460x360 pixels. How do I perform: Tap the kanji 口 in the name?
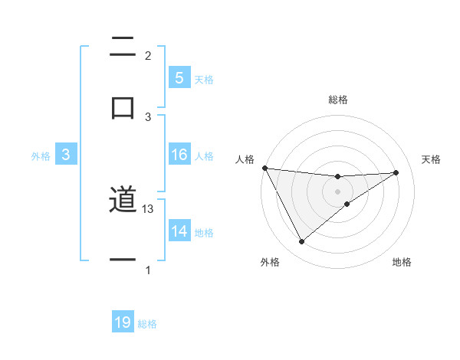pyautogui.click(x=123, y=106)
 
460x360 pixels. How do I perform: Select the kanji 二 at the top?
pyautogui.click(x=123, y=47)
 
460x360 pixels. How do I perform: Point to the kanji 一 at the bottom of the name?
pyautogui.click(x=123, y=260)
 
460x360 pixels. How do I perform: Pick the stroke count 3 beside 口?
pyautogui.click(x=148, y=117)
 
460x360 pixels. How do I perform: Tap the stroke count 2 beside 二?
pyautogui.click(x=148, y=56)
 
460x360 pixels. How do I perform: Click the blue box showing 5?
pyautogui.click(x=179, y=78)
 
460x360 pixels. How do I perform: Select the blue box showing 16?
pyautogui.click(x=179, y=155)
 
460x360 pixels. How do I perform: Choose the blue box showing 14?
pyautogui.click(x=179, y=231)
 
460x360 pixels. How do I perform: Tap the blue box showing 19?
pyautogui.click(x=123, y=323)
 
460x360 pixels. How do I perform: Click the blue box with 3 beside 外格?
pyautogui.click(x=66, y=155)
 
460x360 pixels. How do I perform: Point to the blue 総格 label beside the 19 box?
pyautogui.click(x=147, y=324)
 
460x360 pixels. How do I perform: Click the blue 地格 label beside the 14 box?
pyautogui.click(x=204, y=232)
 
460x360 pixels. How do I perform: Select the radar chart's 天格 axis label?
pyautogui.click(x=432, y=159)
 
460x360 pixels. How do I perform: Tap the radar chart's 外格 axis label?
pyautogui.click(x=270, y=263)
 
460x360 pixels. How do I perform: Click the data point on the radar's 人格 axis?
pyautogui.click(x=264, y=168)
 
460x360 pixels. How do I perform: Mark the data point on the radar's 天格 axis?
pyautogui.click(x=396, y=172)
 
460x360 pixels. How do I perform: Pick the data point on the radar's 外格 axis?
pyautogui.click(x=301, y=242)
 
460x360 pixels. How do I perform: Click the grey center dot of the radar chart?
pyautogui.click(x=337, y=191)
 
